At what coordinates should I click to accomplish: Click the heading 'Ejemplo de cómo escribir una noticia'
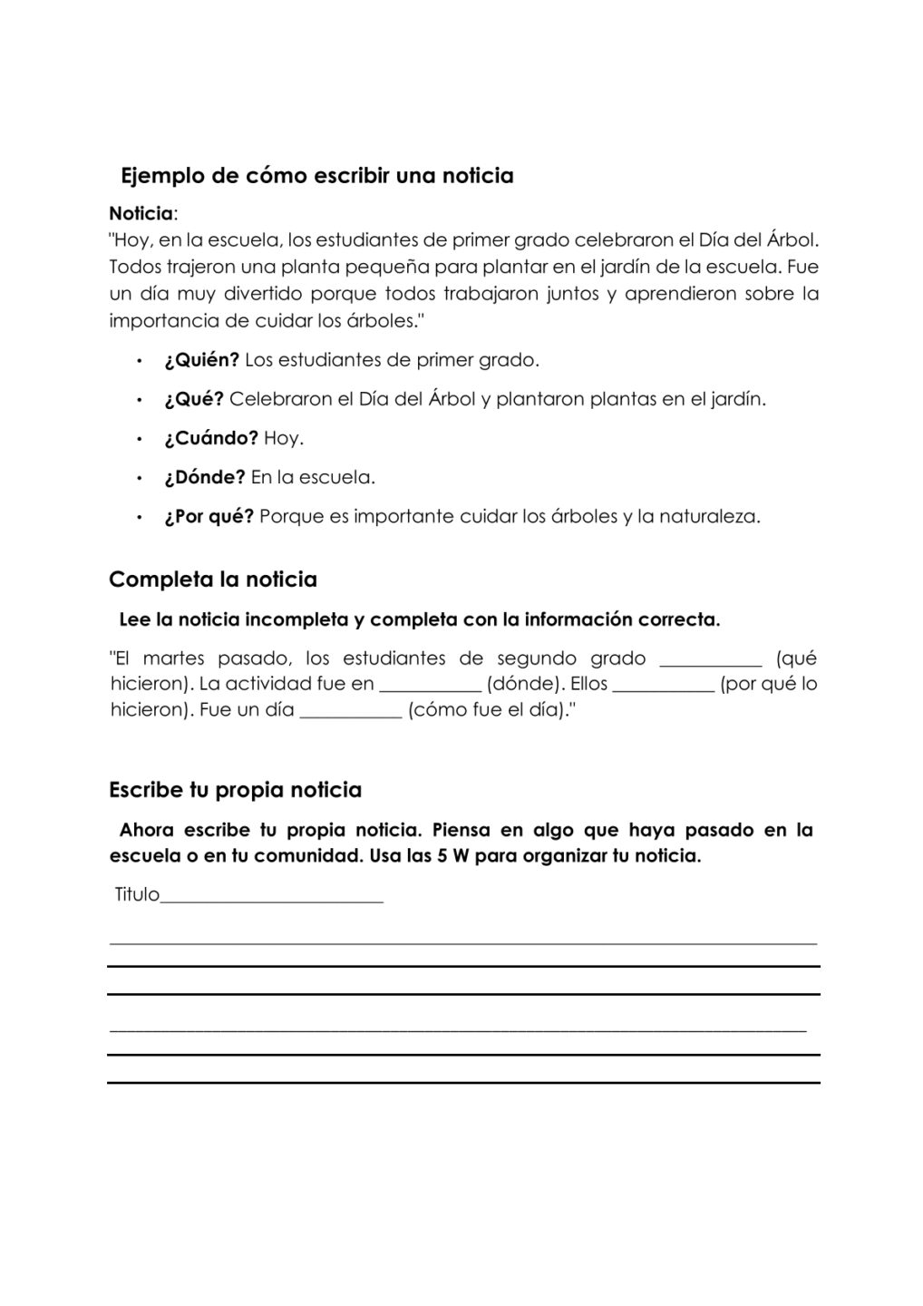(x=316, y=176)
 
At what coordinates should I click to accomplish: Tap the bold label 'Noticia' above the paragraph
(x=141, y=214)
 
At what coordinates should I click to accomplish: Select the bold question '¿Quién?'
(x=201, y=360)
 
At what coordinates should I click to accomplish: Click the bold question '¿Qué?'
(x=193, y=399)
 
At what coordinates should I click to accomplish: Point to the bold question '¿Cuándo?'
(x=211, y=439)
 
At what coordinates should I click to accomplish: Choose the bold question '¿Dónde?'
(x=205, y=477)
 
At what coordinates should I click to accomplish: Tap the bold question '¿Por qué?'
(x=209, y=517)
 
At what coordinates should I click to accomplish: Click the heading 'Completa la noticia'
(x=213, y=580)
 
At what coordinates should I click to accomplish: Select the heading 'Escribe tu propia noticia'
(x=235, y=790)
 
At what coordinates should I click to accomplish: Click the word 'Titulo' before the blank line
(x=137, y=895)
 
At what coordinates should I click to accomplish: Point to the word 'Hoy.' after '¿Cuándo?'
(x=284, y=439)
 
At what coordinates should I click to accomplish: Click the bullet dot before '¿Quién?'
(x=139, y=361)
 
